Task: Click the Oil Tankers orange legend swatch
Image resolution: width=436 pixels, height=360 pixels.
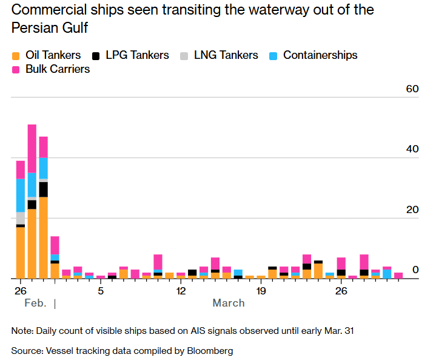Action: (16, 56)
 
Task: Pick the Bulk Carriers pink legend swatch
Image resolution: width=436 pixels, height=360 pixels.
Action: (16, 70)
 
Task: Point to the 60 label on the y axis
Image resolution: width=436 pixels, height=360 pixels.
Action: (412, 89)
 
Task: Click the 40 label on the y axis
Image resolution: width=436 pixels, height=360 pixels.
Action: (412, 149)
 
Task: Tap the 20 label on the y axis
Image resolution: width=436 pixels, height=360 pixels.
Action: (412, 210)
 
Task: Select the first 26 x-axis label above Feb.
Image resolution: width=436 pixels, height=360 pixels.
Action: (20, 291)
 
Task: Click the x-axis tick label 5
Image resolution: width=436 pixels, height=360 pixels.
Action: (101, 291)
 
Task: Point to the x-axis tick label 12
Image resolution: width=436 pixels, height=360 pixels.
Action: (181, 291)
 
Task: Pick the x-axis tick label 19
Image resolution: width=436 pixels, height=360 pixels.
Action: (261, 291)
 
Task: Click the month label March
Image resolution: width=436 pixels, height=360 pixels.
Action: (229, 303)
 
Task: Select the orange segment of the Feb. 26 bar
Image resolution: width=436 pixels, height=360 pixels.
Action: (21, 253)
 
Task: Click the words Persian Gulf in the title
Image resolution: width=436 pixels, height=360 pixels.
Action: (49, 27)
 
